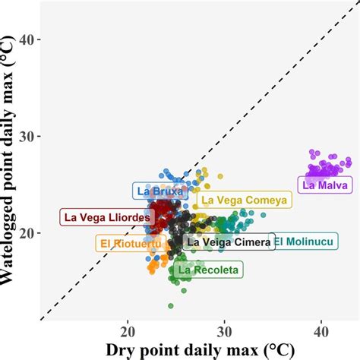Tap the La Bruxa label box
pos(158,191)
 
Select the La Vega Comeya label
pos(244,200)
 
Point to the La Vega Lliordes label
pos(107,217)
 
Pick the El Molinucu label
pos(305,242)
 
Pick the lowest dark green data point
pos(171,305)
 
